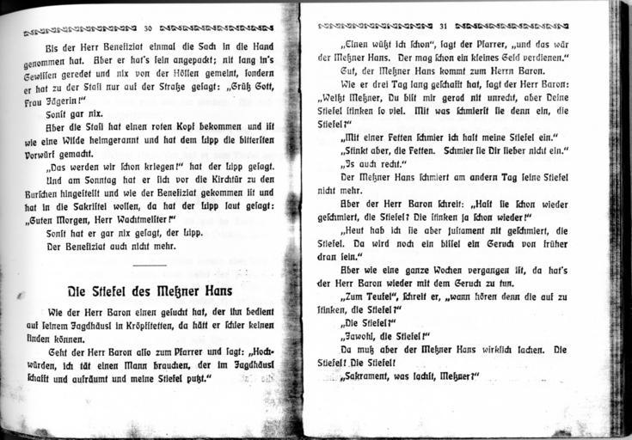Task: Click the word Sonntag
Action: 97,180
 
